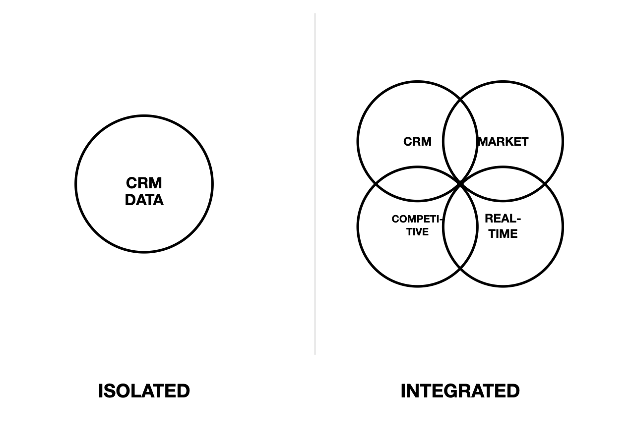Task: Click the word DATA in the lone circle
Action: [144, 200]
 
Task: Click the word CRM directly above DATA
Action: [144, 183]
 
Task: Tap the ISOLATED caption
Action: [144, 391]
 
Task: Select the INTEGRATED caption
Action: [460, 391]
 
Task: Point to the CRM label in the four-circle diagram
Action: [417, 142]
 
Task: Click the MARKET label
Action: [503, 142]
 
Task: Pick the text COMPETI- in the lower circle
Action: [416, 219]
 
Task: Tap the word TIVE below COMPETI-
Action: [417, 232]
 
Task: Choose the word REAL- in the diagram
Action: [503, 219]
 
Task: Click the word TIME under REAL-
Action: [503, 234]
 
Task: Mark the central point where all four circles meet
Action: [460, 184]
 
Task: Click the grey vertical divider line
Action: [315, 183]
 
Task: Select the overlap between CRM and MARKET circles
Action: [460, 142]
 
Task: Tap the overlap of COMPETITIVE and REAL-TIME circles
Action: [460, 227]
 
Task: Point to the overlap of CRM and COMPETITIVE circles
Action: [417, 184]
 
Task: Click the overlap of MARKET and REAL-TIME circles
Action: [503, 184]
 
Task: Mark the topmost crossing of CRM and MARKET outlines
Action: [460, 100]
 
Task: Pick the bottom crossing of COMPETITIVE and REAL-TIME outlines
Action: [460, 269]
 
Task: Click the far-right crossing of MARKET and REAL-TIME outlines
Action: [545, 184]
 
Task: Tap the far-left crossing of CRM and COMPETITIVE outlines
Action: [376, 184]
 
